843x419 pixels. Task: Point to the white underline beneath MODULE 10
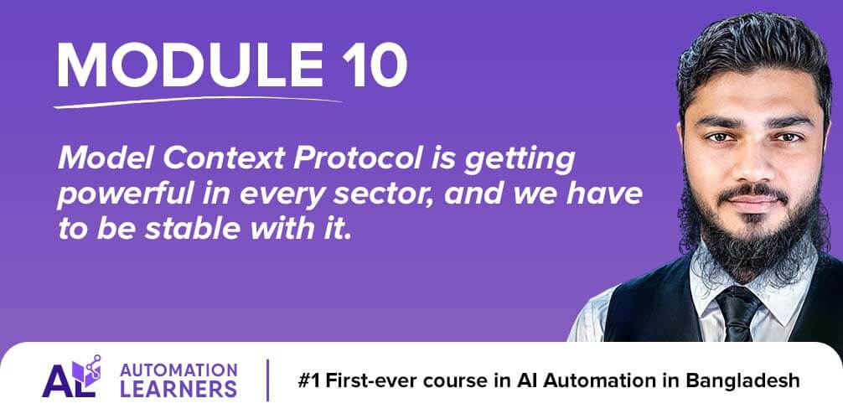197,101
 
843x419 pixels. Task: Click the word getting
520,160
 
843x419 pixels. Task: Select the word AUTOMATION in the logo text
178,370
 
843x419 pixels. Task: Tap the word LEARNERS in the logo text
178,389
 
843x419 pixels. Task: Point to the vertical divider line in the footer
268,380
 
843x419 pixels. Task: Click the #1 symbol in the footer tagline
309,380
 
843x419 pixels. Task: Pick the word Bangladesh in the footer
742,380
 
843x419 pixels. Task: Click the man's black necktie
738,313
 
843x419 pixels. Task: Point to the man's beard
752,236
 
